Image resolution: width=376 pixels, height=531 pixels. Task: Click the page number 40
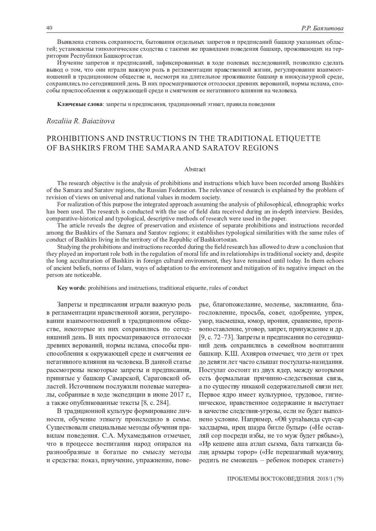(49, 28)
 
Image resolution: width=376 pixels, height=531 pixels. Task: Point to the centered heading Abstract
(195, 169)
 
